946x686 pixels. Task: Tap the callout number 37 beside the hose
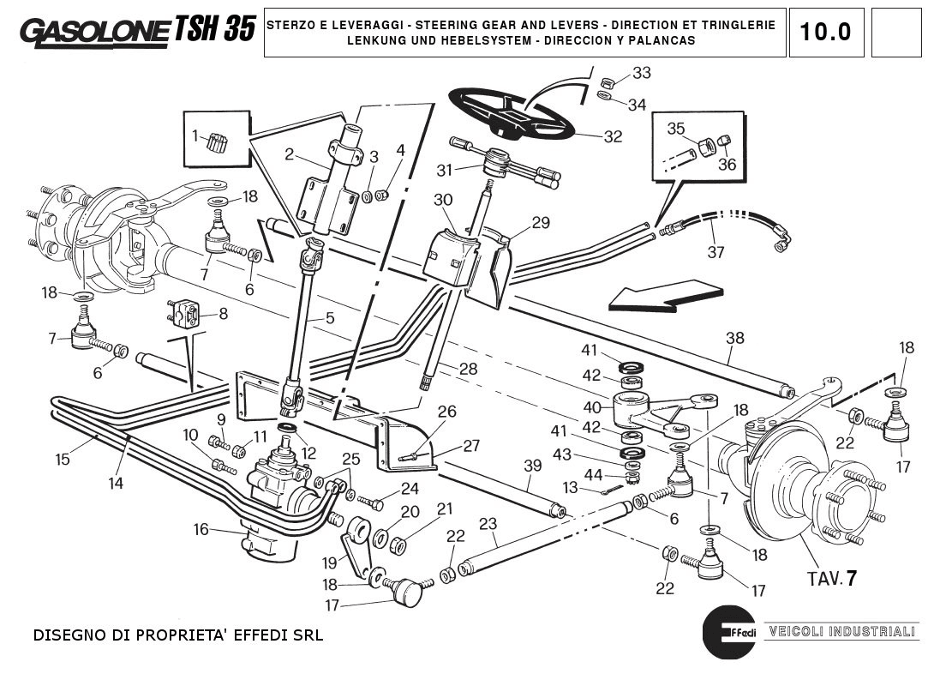716,252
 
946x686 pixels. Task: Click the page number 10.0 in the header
825,32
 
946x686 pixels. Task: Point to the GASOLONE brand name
94,32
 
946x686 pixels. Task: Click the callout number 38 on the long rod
735,337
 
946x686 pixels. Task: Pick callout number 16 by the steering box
201,530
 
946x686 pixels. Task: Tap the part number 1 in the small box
195,135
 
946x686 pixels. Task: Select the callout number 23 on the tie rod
488,525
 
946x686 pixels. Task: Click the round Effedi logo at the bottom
729,634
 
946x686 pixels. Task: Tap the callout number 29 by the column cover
540,223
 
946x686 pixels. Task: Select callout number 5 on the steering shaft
329,318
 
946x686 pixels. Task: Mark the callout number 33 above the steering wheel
642,73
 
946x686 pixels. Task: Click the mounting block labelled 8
184,313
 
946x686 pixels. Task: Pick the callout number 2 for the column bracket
290,154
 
